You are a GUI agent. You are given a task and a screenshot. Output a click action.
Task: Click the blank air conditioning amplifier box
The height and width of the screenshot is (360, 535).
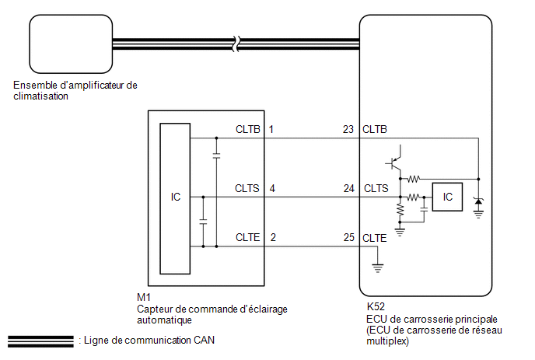(71, 44)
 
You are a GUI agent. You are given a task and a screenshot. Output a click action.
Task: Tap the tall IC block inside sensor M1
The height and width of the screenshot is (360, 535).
(175, 198)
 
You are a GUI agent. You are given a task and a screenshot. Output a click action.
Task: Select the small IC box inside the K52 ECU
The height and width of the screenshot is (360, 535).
(447, 197)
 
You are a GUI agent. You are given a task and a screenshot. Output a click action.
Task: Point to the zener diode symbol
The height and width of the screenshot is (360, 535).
(478, 201)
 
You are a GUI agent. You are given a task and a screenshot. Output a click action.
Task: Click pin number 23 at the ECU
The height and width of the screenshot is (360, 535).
(348, 129)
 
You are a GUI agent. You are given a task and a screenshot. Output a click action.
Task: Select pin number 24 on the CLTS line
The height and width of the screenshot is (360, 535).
(348, 188)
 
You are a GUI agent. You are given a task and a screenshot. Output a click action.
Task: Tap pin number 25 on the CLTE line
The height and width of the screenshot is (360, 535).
(348, 237)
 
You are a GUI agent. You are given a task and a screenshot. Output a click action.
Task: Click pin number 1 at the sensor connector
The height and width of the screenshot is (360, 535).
(271, 129)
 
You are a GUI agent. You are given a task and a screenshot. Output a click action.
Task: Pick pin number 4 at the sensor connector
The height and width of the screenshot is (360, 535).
(272, 188)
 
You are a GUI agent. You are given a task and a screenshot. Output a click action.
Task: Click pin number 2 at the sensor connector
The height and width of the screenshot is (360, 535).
(273, 237)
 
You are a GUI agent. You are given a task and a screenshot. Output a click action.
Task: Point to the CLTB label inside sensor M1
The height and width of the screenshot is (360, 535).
(248, 129)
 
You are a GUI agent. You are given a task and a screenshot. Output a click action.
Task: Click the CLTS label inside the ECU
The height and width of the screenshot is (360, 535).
(376, 188)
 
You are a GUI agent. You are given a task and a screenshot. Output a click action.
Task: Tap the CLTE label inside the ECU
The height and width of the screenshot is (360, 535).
(375, 238)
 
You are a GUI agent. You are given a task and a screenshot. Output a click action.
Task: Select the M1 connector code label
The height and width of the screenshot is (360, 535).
(144, 297)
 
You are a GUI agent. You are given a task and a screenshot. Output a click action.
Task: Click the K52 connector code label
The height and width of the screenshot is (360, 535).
(376, 306)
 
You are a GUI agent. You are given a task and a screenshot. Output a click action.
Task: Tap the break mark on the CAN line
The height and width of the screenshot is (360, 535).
(236, 44)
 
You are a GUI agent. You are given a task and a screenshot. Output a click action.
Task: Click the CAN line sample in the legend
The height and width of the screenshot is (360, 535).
(40, 341)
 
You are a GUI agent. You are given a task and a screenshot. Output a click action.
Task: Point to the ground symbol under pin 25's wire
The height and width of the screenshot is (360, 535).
(377, 268)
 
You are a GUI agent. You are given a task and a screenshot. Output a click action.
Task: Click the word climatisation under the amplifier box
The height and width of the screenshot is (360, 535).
(41, 96)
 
